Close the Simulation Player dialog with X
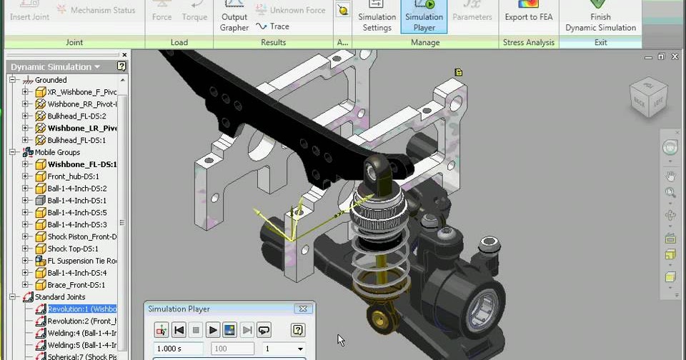point(303,309)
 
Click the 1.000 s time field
point(171,349)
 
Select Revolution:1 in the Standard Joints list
point(81,309)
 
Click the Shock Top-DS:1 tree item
point(72,249)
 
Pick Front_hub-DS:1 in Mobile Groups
point(73,176)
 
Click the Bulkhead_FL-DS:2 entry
point(76,116)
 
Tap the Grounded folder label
point(51,80)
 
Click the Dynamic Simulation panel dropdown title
point(56,67)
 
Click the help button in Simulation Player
point(299,330)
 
